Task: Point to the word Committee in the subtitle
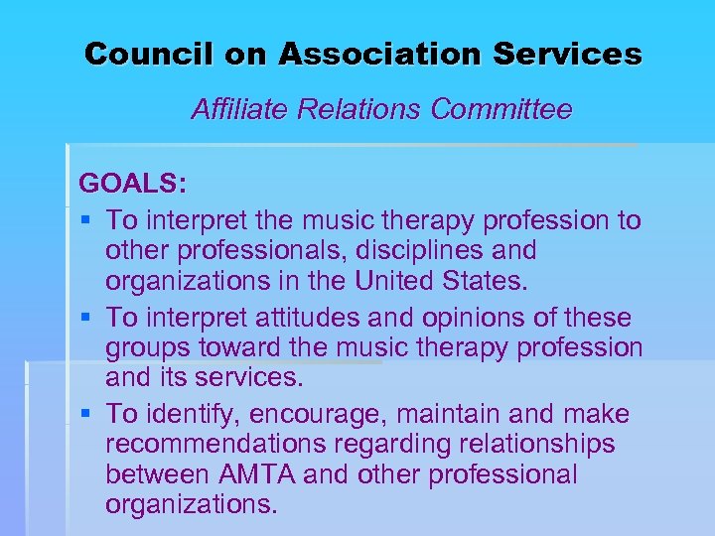501,109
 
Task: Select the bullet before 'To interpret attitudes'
87,318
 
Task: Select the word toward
237,349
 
